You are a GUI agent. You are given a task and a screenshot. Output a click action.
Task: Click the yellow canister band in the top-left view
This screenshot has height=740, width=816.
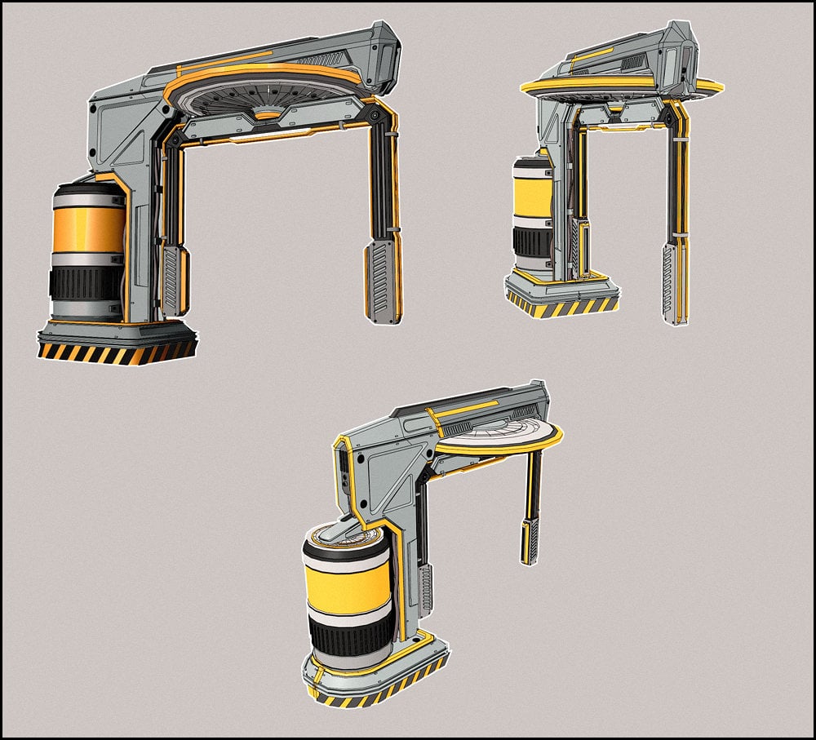[x=88, y=230]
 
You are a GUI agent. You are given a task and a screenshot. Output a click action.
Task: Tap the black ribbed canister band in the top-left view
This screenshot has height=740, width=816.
[x=86, y=282]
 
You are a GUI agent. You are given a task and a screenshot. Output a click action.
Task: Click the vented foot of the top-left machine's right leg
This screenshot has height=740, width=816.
[x=382, y=281]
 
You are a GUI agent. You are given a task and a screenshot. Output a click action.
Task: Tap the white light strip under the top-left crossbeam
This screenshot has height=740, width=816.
[x=261, y=138]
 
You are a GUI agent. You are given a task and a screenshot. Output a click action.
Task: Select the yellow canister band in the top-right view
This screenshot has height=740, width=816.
[x=532, y=198]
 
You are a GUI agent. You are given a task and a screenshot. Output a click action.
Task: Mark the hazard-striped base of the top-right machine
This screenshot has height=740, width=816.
[x=561, y=308]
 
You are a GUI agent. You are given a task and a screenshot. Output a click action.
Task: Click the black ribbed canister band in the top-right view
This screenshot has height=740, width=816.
[x=531, y=240]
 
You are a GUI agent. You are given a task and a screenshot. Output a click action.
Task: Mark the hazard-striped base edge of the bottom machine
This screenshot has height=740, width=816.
[x=375, y=690]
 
